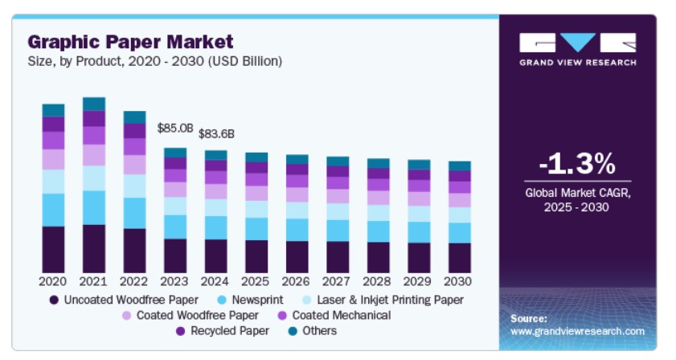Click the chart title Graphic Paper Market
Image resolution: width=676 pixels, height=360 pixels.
130,42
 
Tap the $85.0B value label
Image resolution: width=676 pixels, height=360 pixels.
175,128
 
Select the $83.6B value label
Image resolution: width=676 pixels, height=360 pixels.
216,134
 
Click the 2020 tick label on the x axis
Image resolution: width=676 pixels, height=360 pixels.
52,281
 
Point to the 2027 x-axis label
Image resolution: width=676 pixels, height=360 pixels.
336,281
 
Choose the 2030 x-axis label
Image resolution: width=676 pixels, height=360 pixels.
458,281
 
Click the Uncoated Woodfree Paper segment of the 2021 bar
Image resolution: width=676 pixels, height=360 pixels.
94,249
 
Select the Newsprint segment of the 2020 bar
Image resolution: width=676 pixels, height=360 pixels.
54,210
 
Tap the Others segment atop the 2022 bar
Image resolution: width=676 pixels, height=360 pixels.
134,117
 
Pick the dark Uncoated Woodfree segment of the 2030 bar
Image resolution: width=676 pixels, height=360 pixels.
460,258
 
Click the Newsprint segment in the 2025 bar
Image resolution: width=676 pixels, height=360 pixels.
256,229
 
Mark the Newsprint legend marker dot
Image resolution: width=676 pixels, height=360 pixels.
222,300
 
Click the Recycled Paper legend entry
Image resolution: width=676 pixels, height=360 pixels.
223,331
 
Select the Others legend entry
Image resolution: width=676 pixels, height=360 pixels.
313,331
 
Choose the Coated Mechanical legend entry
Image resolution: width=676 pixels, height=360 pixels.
334,316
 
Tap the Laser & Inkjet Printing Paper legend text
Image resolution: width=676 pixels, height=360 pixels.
390,300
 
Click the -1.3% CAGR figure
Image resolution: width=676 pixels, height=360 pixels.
577,163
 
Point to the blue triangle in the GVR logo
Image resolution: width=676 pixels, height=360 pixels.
578,42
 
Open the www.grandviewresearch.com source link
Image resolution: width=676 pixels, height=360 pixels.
578,331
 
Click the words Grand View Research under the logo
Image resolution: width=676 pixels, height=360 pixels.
578,63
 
